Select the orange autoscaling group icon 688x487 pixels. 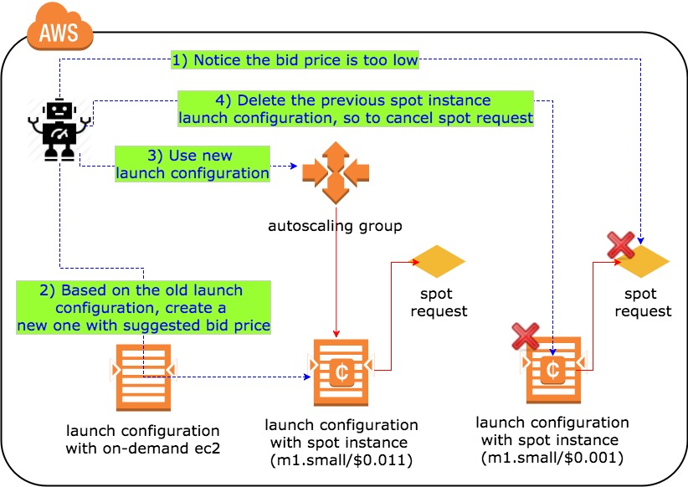tap(335, 172)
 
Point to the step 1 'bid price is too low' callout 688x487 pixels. tap(295, 59)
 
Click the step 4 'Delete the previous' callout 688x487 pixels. tap(356, 109)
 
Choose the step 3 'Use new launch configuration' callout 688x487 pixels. tap(193, 164)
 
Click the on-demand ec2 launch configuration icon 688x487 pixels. tap(142, 369)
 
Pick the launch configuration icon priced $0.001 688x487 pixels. tap(552, 368)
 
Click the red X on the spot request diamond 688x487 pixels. tap(620, 245)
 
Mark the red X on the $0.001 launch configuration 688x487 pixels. tap(525, 336)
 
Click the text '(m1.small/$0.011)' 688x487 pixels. tap(341, 460)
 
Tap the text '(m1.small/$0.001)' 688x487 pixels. tap(552, 457)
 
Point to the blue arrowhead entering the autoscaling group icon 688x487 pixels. tap(296, 167)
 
